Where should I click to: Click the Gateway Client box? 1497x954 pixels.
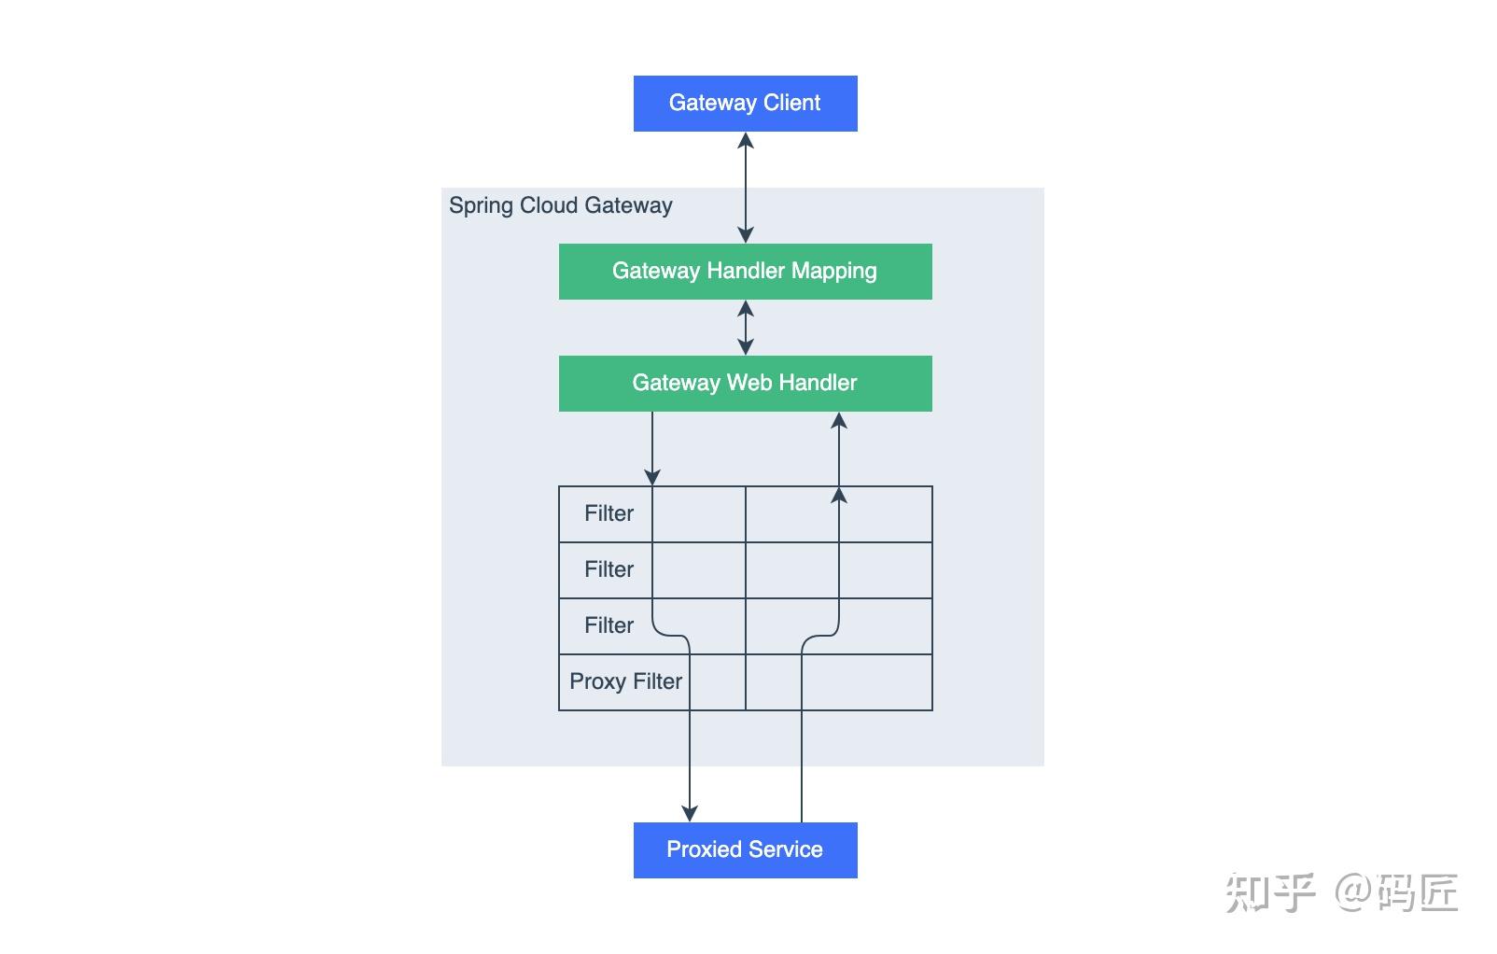click(745, 103)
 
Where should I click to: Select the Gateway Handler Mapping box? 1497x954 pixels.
click(745, 271)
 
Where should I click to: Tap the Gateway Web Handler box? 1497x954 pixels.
click(745, 383)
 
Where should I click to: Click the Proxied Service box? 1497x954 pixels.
click(745, 849)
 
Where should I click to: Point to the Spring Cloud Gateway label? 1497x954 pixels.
click(560, 205)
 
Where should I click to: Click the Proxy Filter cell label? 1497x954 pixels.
click(625, 681)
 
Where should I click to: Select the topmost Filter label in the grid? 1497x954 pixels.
click(609, 513)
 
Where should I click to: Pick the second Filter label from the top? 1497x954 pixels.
click(609, 569)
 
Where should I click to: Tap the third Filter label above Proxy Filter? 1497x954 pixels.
click(609, 625)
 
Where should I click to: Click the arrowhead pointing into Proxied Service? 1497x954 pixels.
click(689, 814)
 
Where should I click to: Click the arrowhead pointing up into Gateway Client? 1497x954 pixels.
click(745, 141)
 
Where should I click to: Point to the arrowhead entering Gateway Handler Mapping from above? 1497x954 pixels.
click(745, 234)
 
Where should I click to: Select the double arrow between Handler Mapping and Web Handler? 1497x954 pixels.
click(745, 327)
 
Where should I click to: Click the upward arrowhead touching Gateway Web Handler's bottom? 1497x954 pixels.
click(838, 421)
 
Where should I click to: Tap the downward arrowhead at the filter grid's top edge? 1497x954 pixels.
click(651, 477)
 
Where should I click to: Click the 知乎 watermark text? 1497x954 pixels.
click(1269, 892)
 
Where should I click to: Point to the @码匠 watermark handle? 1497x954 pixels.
click(1396, 892)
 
